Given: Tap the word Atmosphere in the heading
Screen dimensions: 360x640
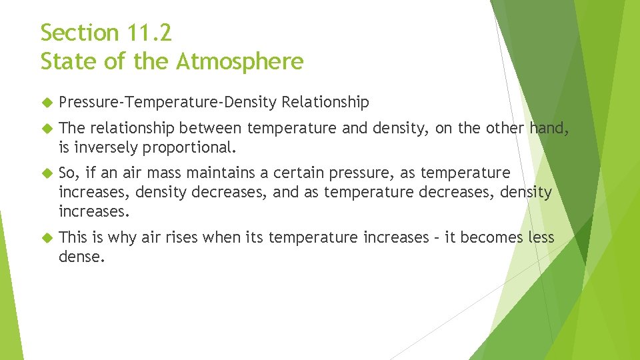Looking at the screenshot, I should click(240, 61).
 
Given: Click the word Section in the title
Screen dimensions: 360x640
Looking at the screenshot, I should click(79, 32).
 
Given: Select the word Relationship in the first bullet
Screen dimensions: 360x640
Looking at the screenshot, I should click(325, 102).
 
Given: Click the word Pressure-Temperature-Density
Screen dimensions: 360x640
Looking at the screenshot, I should click(168, 102).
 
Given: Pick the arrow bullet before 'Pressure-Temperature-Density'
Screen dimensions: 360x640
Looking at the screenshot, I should click(46, 103).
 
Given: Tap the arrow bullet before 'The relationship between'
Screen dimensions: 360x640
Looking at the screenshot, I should click(46, 129).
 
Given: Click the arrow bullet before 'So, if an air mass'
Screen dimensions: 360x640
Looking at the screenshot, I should click(46, 173).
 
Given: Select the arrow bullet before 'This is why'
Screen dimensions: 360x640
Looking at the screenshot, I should click(46, 238).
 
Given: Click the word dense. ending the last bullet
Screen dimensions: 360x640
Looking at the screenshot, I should click(81, 256).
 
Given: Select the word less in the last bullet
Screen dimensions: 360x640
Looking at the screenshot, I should click(541, 237).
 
